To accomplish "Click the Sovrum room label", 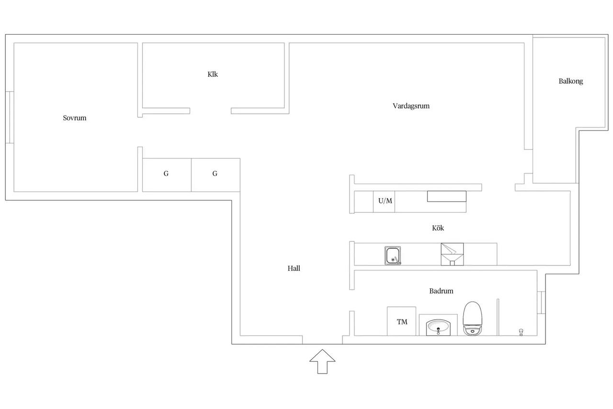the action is click(x=74, y=118).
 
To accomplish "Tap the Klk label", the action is click(x=213, y=74).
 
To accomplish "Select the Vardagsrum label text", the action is click(x=411, y=106).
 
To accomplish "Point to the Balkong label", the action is click(x=570, y=81).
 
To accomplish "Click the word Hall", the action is click(x=294, y=268).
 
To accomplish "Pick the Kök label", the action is click(x=438, y=228).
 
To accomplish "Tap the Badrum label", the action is click(x=441, y=291).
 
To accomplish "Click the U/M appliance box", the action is click(x=384, y=201).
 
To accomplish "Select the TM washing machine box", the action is click(x=401, y=321).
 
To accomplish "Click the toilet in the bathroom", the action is click(x=472, y=318).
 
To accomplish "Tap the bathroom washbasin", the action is click(x=438, y=327).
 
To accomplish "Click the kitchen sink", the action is click(x=393, y=256).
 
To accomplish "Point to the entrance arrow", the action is click(x=322, y=362).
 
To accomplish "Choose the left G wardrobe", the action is click(x=167, y=175).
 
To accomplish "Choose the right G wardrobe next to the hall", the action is click(x=216, y=175).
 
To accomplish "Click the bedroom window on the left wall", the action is click(x=10, y=117).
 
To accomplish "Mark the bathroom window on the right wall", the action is click(x=541, y=303).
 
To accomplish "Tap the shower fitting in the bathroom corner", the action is click(x=521, y=332).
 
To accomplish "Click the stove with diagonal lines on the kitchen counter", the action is click(x=452, y=254).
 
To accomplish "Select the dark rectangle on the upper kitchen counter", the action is click(x=447, y=197).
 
